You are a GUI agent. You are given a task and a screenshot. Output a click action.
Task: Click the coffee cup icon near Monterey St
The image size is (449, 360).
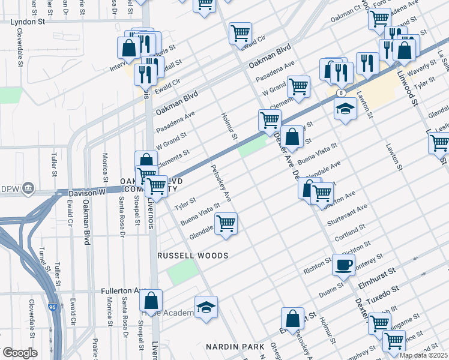(x=343, y=265)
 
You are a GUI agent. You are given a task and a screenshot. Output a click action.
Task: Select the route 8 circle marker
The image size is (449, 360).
(x=340, y=93)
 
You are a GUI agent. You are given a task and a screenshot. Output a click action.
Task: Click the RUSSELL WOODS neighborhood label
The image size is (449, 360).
(x=193, y=256)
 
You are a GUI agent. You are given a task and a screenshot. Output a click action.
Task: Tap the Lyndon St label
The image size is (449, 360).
(x=28, y=21)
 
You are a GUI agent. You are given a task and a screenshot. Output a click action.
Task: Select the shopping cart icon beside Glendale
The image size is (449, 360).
(x=226, y=224)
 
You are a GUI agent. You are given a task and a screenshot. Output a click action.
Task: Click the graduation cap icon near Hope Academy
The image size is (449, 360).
(x=205, y=307)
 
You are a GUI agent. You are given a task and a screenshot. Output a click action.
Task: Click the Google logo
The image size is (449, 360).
(x=20, y=353)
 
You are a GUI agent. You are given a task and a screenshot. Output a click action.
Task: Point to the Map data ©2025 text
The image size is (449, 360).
(x=424, y=355)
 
